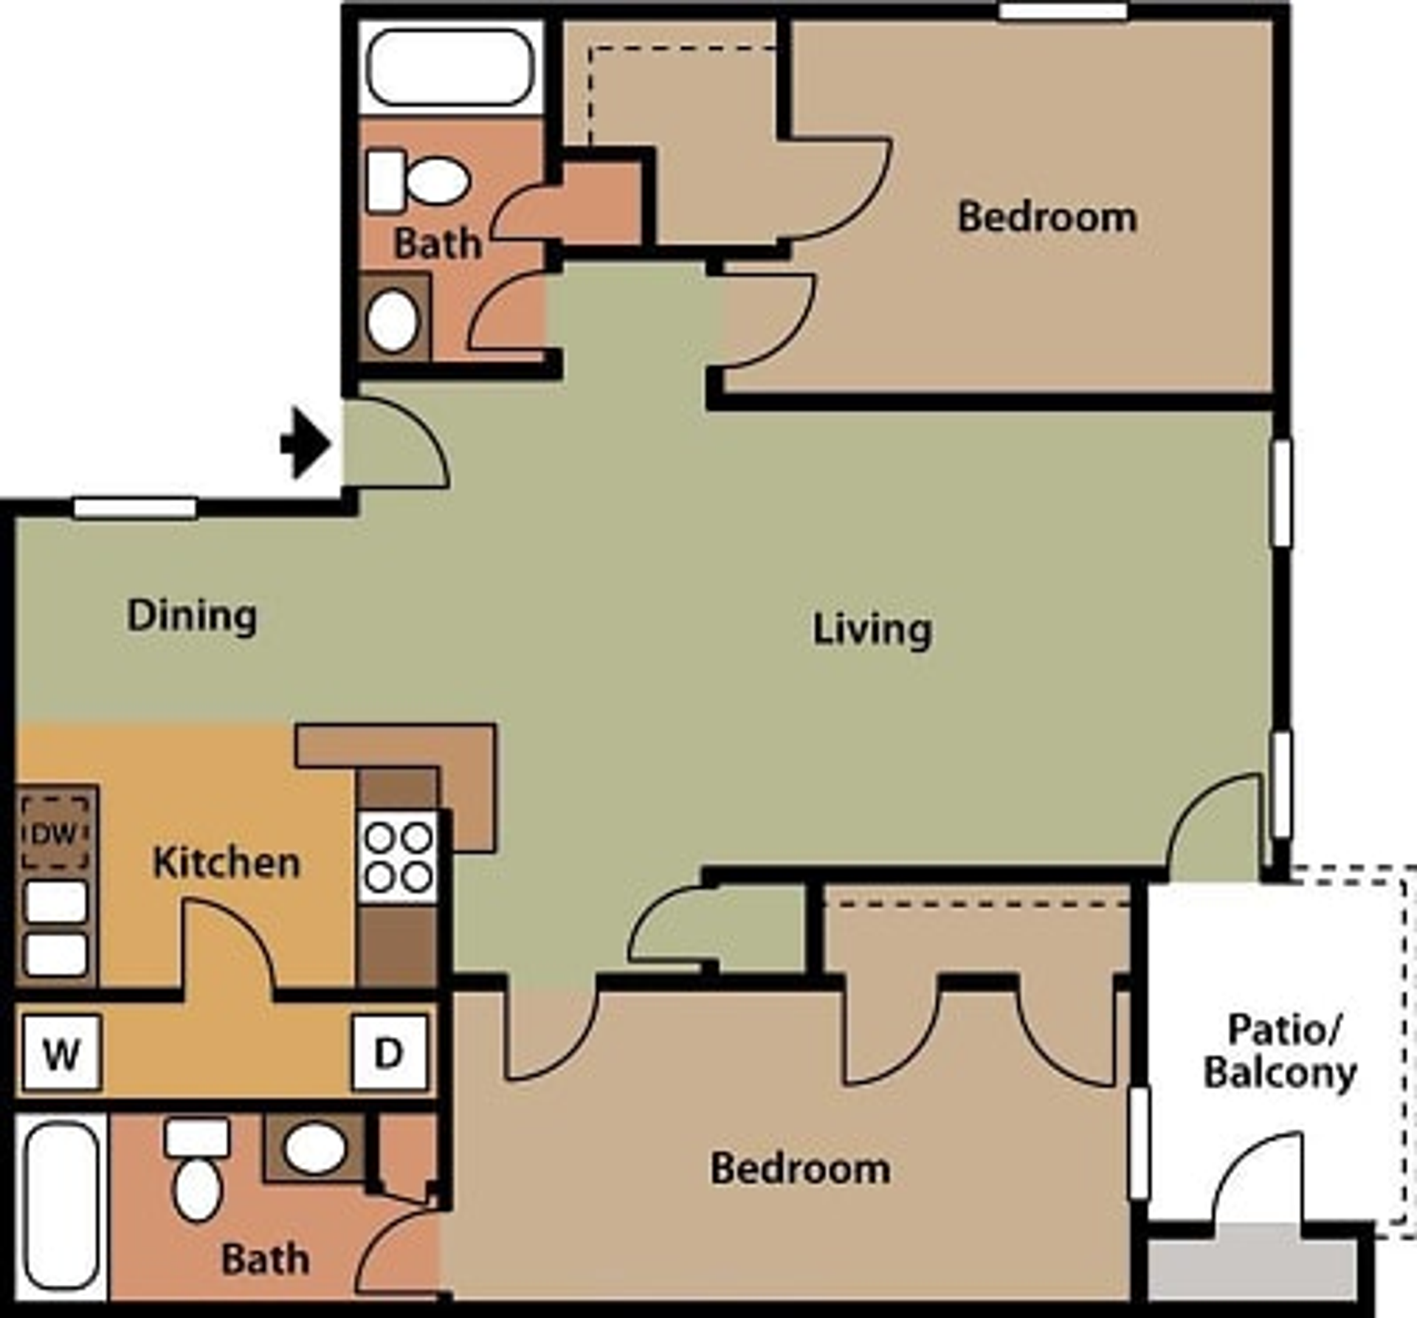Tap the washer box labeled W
(x=62, y=1053)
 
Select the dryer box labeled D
(x=389, y=1053)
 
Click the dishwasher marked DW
(x=55, y=834)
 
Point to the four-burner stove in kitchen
(x=399, y=858)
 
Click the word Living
(x=872, y=629)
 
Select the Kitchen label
(x=226, y=862)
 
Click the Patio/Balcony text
(x=1280, y=1051)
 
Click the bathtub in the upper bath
(x=450, y=67)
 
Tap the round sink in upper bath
(x=392, y=321)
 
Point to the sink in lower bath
(x=315, y=1148)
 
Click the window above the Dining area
(x=135, y=508)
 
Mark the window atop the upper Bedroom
(x=1063, y=10)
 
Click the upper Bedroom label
(x=1047, y=218)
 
